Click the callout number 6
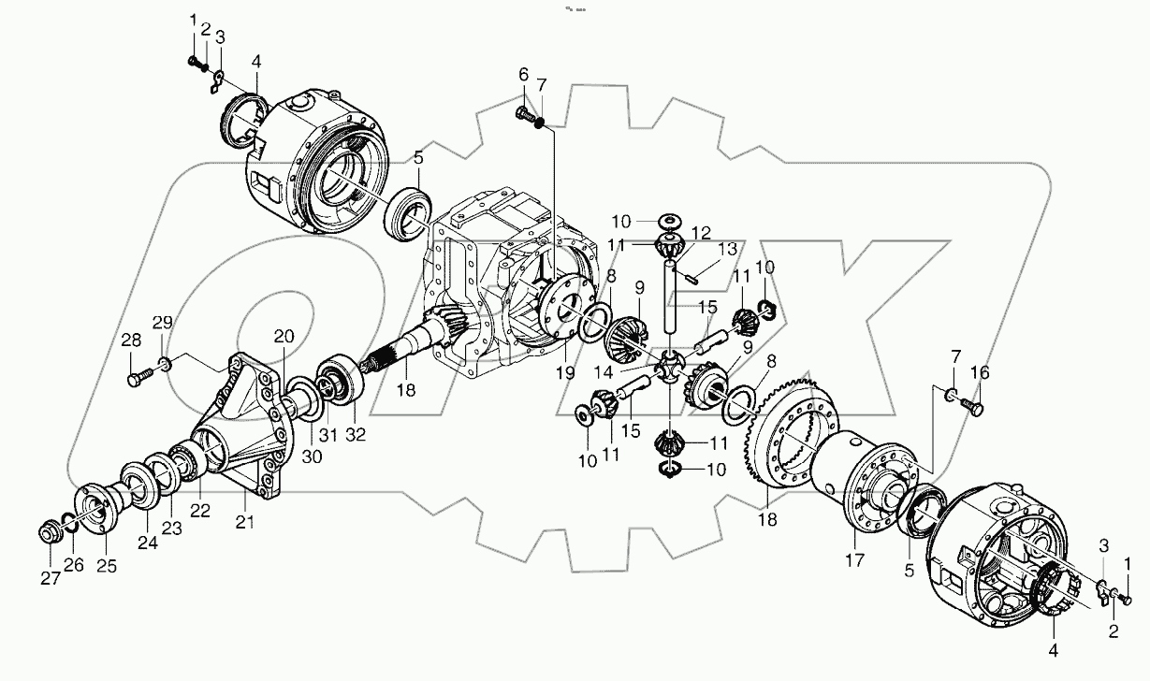click(x=523, y=75)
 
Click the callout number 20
click(x=284, y=337)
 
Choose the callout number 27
click(x=50, y=579)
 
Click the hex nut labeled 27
click(x=48, y=533)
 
